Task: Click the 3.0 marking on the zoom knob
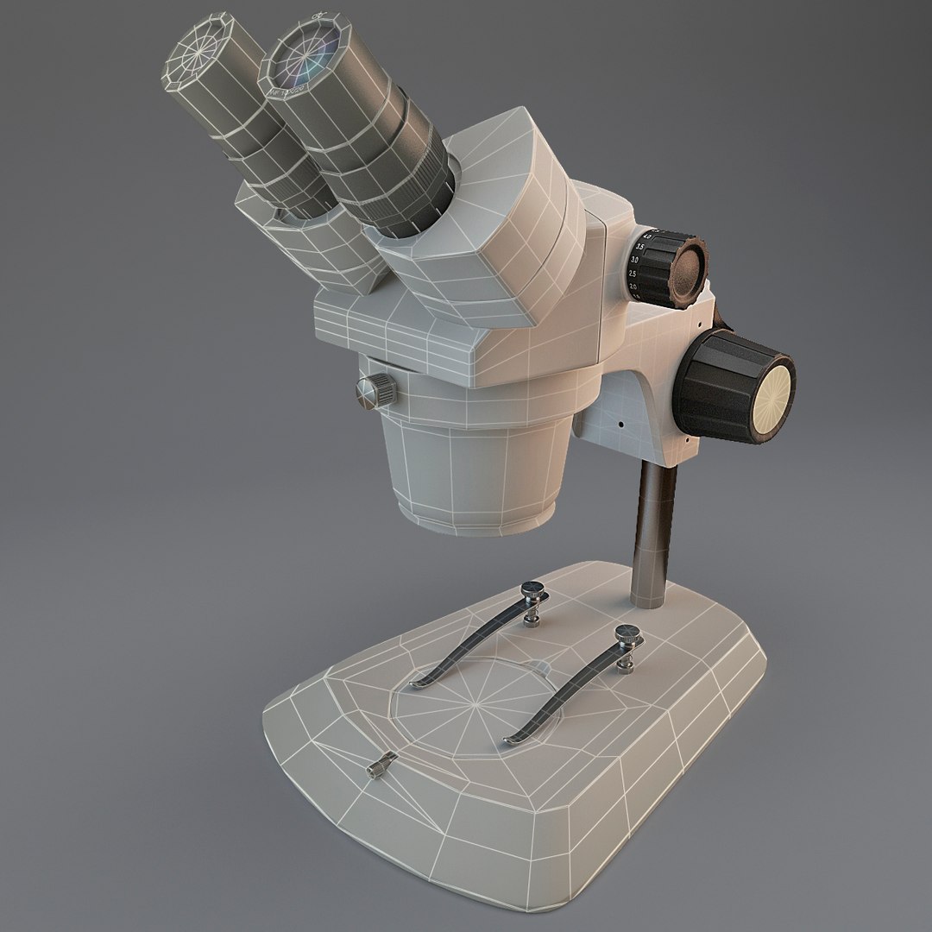pos(636,259)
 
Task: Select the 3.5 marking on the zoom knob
pos(639,246)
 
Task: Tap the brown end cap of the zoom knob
pos(690,268)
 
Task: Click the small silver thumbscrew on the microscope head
pos(375,390)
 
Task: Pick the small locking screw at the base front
pos(381,765)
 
